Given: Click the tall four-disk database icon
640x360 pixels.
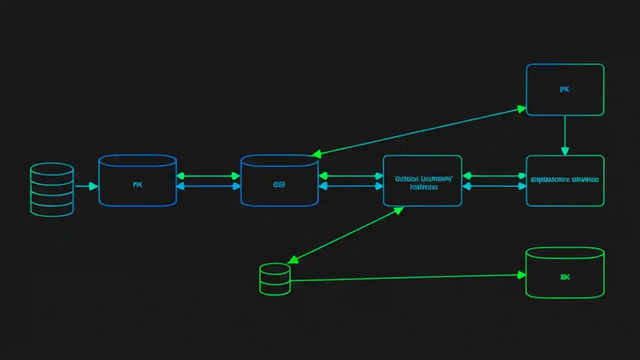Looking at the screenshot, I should pyautogui.click(x=52, y=189).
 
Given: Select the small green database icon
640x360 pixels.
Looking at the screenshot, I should pyautogui.click(x=275, y=278).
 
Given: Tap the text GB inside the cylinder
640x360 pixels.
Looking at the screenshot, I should pyautogui.click(x=279, y=184).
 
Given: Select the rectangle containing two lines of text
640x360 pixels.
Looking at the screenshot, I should pyautogui.click(x=422, y=180).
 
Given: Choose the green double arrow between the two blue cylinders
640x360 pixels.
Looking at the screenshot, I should pyautogui.click(x=208, y=176).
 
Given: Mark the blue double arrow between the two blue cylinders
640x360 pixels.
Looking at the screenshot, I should pyautogui.click(x=208, y=186).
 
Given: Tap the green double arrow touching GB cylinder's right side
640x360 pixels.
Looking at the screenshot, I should pyautogui.click(x=350, y=176).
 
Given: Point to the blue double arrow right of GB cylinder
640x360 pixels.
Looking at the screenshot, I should pyautogui.click(x=350, y=186).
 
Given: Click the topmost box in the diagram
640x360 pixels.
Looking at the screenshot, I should pyautogui.click(x=565, y=89).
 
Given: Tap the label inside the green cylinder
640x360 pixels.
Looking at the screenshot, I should pyautogui.click(x=565, y=277).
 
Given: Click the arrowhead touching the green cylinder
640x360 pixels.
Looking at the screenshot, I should pyautogui.click(x=521, y=275).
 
